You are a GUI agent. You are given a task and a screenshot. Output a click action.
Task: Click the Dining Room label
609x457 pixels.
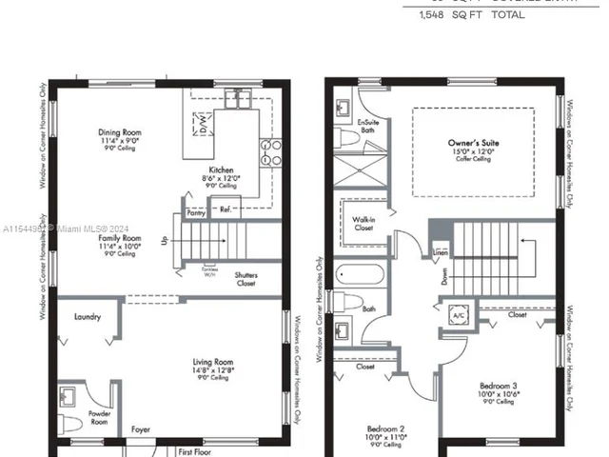click(119, 132)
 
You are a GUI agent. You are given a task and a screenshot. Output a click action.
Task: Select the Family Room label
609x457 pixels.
click(119, 238)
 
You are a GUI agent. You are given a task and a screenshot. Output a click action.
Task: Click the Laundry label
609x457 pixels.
click(87, 316)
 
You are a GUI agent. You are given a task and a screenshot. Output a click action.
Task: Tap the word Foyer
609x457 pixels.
click(141, 428)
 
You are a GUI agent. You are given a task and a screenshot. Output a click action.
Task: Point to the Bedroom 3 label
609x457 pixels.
click(497, 386)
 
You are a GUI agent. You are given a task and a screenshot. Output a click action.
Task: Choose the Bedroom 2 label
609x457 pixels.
click(387, 429)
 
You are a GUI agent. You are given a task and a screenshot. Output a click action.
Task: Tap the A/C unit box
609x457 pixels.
click(458, 313)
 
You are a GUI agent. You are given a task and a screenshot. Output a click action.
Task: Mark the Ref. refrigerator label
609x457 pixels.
click(226, 209)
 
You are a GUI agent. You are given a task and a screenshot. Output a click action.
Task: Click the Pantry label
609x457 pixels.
click(196, 214)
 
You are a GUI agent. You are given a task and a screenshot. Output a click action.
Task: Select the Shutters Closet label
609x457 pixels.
click(246, 280)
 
